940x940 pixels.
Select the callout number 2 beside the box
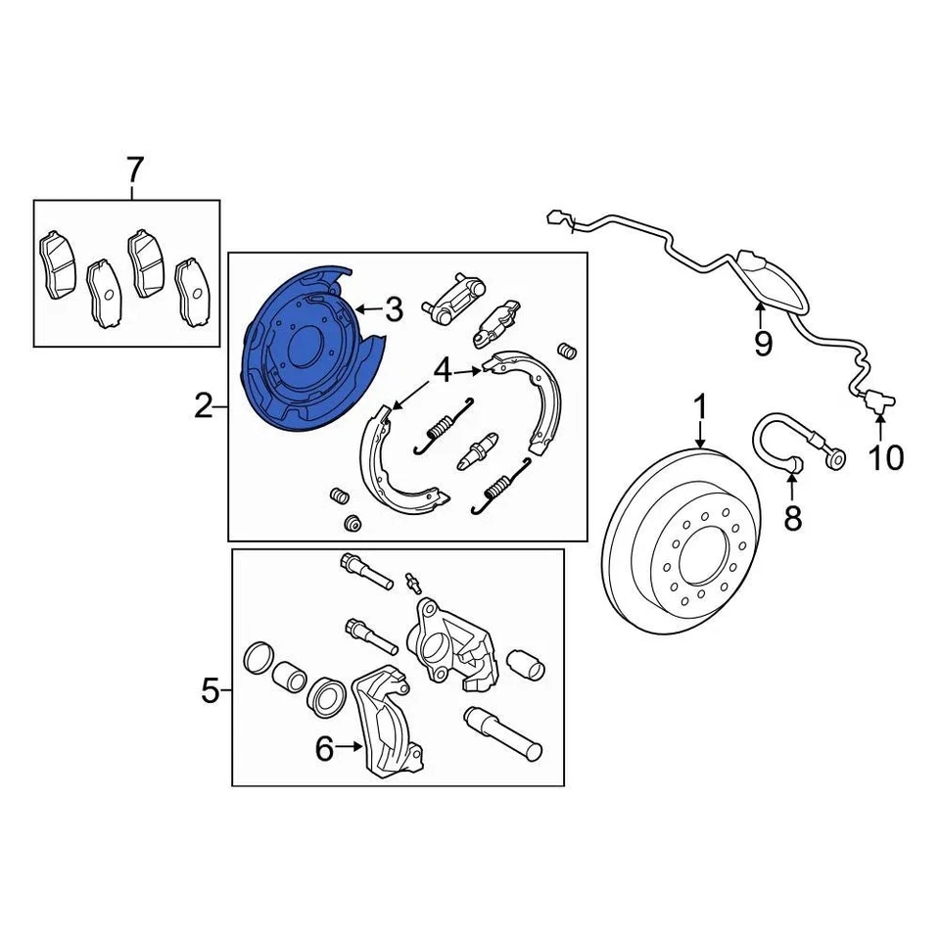(204, 404)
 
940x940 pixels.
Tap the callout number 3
(393, 310)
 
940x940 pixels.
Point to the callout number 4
(443, 371)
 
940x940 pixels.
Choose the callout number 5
(211, 691)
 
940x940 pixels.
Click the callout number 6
(324, 749)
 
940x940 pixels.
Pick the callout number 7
(134, 170)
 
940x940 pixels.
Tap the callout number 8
(792, 518)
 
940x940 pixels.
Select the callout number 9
(762, 343)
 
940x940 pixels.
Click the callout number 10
(887, 456)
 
